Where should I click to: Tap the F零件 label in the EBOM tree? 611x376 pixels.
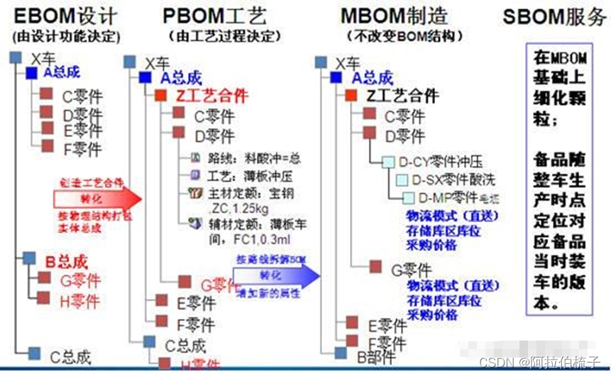(82, 149)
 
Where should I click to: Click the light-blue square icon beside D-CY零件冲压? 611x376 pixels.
(388, 162)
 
